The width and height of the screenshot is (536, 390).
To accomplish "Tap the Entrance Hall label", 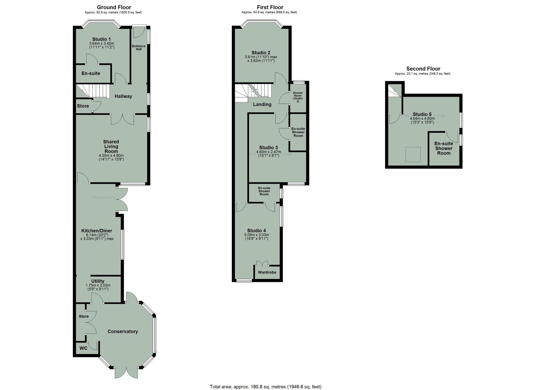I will tap(139, 47).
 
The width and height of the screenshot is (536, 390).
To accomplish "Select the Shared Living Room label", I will tap(111, 146).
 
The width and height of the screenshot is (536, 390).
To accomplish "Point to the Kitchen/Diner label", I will tap(97, 231).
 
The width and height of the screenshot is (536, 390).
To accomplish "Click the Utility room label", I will tap(98, 281).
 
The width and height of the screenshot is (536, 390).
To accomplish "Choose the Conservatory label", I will tap(123, 332).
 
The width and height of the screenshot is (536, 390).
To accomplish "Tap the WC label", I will tap(84, 348).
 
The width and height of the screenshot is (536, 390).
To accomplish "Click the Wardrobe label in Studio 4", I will tap(267, 272).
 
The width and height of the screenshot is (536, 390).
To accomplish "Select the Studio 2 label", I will tap(261, 53).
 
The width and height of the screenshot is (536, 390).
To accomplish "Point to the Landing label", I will tap(262, 105).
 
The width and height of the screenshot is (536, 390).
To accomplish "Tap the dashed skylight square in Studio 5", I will tap(413, 154).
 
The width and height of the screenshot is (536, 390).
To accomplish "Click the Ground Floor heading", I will tap(114, 7).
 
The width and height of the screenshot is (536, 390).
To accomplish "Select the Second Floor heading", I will tap(423, 69).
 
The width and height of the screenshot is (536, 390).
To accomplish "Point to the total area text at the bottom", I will tap(265, 387).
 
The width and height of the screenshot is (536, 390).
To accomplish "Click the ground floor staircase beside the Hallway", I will tap(96, 91).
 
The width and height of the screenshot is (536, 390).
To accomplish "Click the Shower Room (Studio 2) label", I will tap(298, 97).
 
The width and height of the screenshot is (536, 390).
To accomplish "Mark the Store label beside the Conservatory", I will tap(84, 317).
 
